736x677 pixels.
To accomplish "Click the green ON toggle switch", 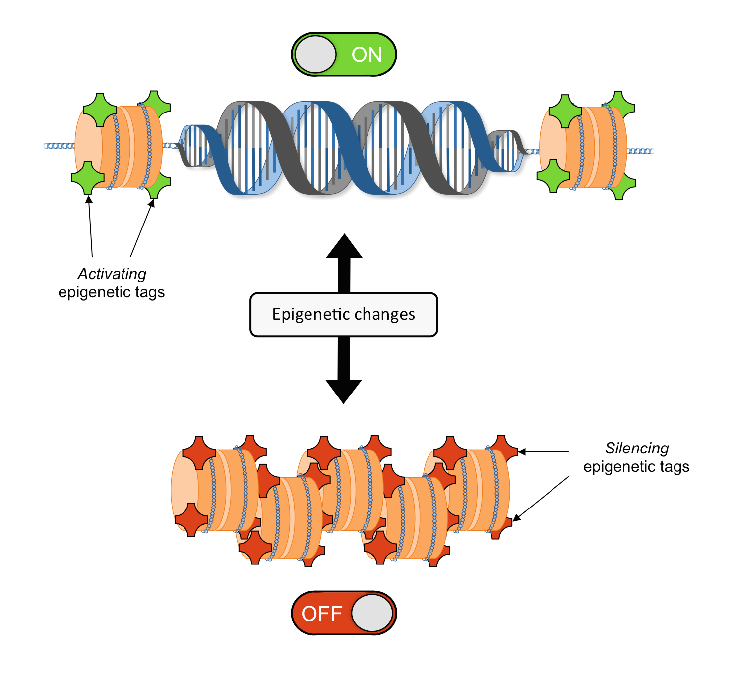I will pos(344,55).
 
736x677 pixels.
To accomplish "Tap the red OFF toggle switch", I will pos(344,613).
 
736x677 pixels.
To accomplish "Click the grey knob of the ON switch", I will pos(315,55).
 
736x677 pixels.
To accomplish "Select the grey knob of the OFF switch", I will pos(372,613).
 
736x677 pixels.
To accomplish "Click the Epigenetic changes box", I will pos(344,315).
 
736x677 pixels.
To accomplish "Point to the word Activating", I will pos(112,274).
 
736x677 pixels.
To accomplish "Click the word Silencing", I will pos(637,448).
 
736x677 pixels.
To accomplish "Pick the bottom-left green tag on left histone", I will pos(88,177).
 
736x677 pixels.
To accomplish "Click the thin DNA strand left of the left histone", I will pos(59,146).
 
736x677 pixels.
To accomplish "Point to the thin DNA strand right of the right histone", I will pos(641,151).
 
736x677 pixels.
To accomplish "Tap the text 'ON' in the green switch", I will pos(367,55).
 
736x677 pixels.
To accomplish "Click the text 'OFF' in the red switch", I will pos(322,614).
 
